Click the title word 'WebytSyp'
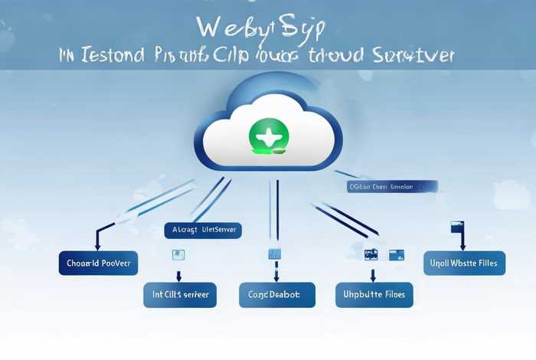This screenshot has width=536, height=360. pos(260,27)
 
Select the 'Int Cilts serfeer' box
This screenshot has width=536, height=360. pos(181,294)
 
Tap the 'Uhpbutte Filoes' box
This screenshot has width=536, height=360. pos(374,294)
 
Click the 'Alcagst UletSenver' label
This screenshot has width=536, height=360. pos(203,229)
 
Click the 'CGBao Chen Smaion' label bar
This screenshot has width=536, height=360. pos(391,186)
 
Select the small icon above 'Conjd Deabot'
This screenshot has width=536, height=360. pos(274,254)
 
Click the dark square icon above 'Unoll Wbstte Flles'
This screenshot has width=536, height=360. pos(457,227)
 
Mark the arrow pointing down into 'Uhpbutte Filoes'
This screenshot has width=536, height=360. pos(373,273)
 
